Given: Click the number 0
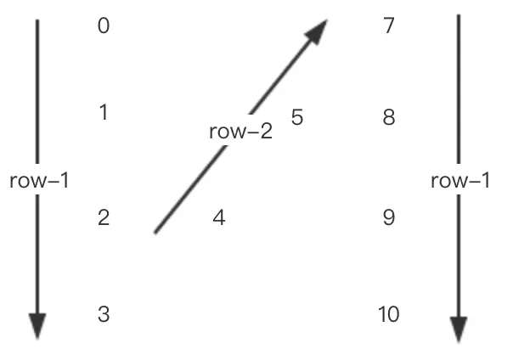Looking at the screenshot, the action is pyautogui.click(x=104, y=26).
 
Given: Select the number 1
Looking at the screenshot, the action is pyautogui.click(x=104, y=112).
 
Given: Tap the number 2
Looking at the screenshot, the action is pyautogui.click(x=104, y=218).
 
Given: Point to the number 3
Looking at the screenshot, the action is pyautogui.click(x=104, y=315).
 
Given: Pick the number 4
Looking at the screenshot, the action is pyautogui.click(x=219, y=218).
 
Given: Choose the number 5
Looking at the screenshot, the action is pyautogui.click(x=296, y=117).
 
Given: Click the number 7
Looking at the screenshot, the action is pyautogui.click(x=389, y=26).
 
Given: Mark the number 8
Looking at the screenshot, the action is pyautogui.click(x=389, y=117).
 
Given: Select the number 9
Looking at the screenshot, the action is pyautogui.click(x=389, y=218).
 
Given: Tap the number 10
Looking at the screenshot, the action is pyautogui.click(x=389, y=315).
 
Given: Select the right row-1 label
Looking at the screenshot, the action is pyautogui.click(x=460, y=181).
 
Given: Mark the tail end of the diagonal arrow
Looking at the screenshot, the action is pyautogui.click(x=155, y=231).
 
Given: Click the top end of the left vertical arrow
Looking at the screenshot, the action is pyautogui.click(x=37, y=20).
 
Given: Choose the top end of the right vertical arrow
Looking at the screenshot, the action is pyautogui.click(x=459, y=15).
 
